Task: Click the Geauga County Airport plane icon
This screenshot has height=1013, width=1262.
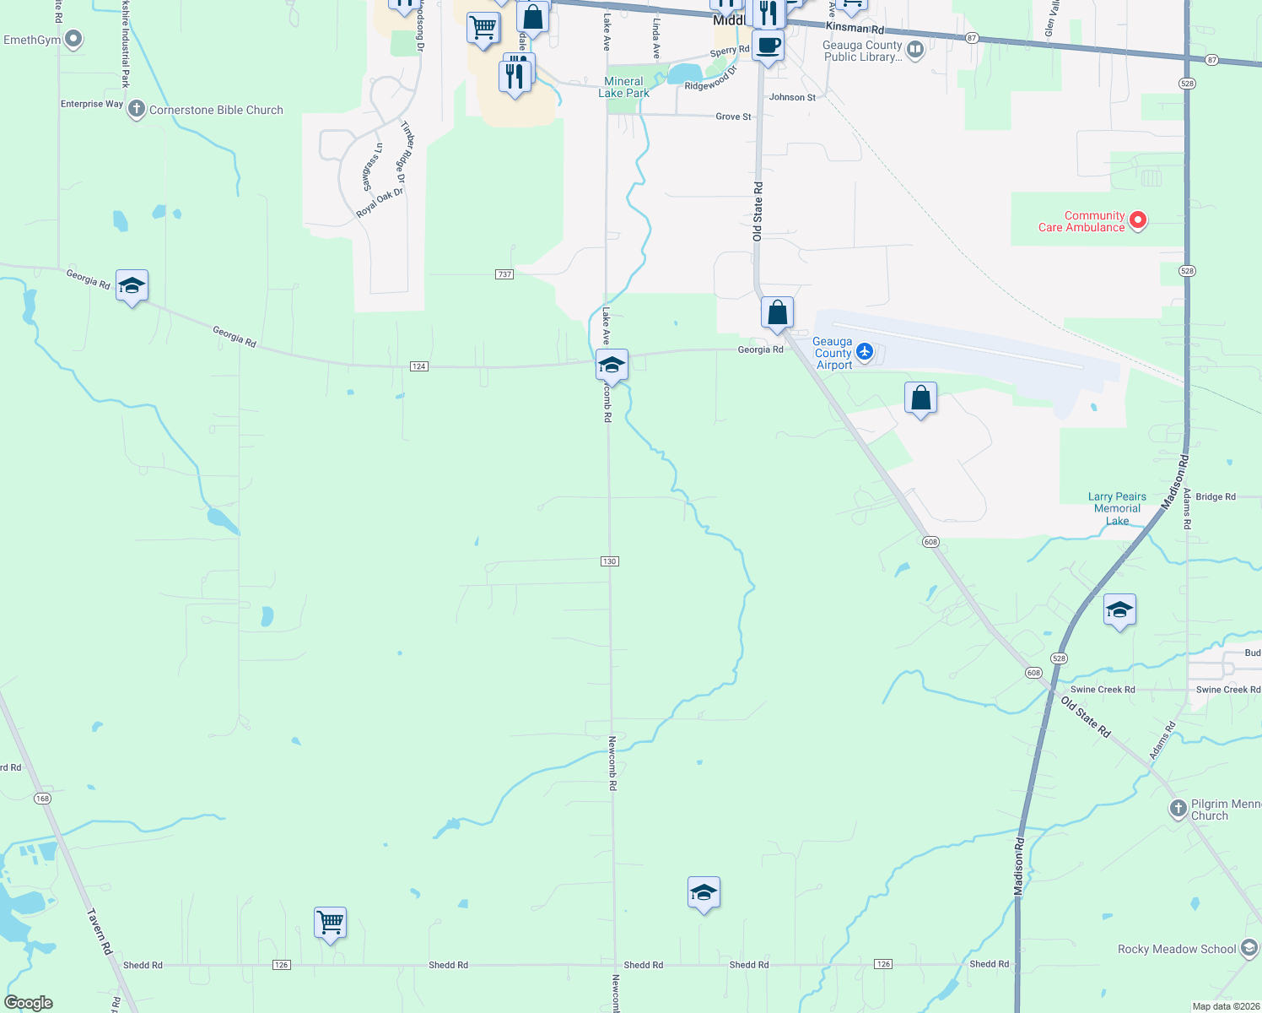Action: click(864, 350)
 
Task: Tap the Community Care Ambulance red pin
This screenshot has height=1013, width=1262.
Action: click(1138, 220)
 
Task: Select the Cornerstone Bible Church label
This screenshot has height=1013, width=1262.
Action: click(216, 110)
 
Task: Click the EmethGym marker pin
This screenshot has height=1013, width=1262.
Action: click(73, 39)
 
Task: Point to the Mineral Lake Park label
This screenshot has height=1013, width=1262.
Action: click(624, 87)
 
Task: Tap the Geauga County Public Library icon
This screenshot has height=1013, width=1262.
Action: click(915, 50)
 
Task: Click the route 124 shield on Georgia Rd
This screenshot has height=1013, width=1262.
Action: click(419, 366)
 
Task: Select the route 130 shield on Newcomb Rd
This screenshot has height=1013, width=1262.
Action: click(610, 561)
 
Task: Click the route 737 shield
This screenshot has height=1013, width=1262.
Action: click(504, 274)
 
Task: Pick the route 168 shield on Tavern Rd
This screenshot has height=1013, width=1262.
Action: click(42, 799)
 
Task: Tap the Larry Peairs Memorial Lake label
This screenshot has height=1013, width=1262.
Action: click(1117, 508)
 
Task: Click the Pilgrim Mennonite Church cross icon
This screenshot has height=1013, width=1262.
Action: click(1178, 809)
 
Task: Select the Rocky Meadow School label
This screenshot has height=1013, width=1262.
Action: click(1177, 949)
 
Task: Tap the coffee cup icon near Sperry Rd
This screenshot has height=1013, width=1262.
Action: click(768, 45)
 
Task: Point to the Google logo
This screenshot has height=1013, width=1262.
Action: click(28, 1003)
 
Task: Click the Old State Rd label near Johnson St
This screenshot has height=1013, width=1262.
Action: click(758, 211)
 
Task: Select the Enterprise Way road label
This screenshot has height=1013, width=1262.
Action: click(92, 104)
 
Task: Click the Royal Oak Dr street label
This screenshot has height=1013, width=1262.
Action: click(380, 203)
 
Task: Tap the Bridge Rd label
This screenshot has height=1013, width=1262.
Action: click(1215, 496)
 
